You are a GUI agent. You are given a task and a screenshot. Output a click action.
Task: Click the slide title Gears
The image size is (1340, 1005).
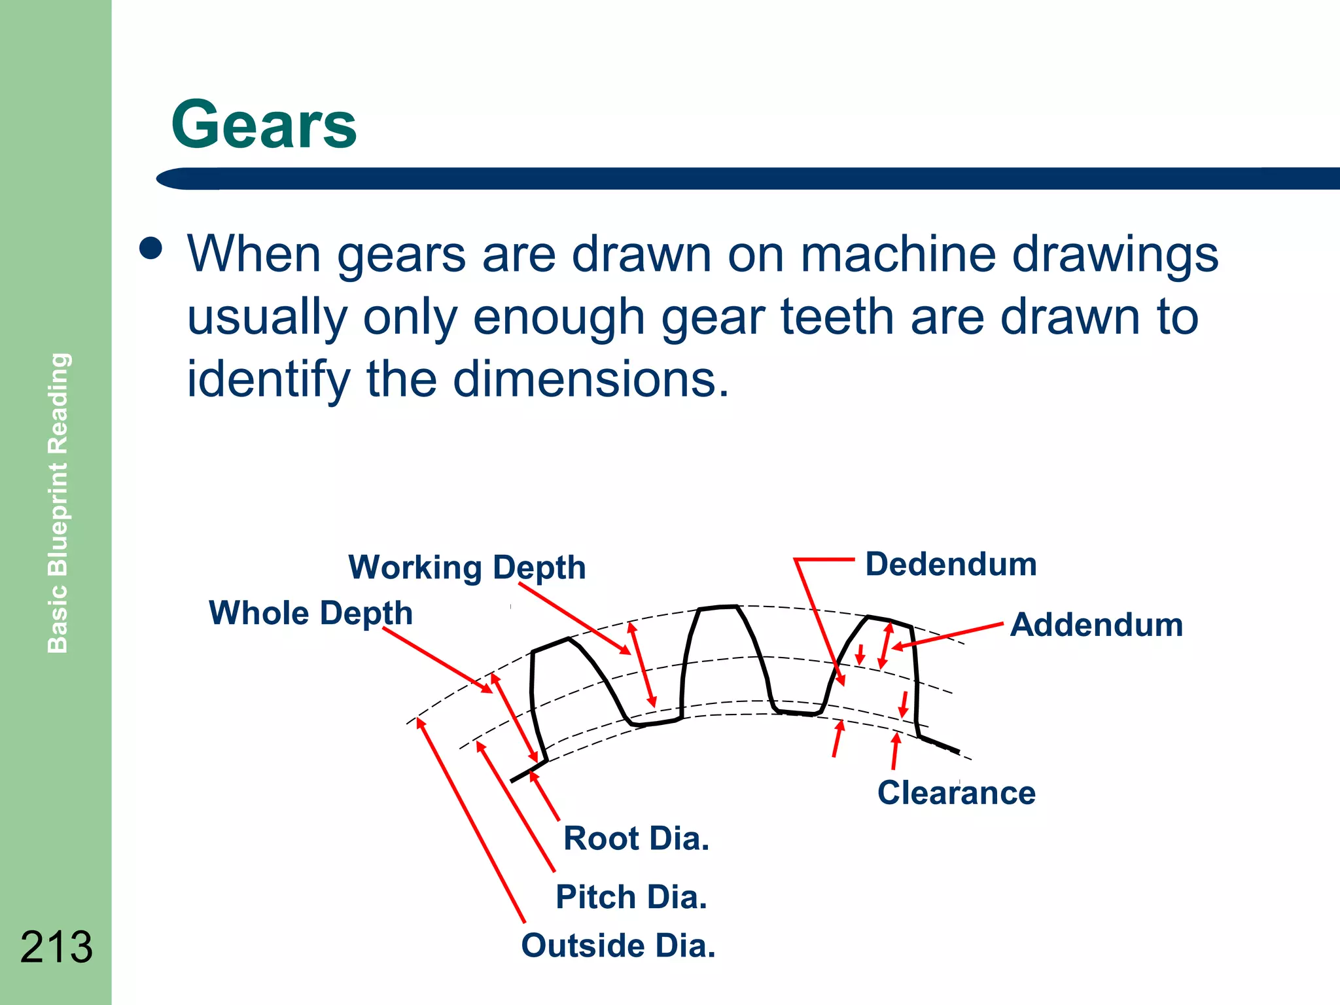click(264, 124)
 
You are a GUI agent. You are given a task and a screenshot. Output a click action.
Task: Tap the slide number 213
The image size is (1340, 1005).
click(56, 947)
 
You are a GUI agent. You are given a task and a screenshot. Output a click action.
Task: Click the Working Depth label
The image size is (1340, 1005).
click(467, 567)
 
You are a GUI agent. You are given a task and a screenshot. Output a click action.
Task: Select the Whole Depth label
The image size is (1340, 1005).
click(311, 613)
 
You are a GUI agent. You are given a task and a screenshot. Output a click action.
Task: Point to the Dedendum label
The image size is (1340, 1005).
click(951, 564)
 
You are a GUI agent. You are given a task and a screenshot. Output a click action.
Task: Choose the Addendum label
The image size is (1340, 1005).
click(1097, 625)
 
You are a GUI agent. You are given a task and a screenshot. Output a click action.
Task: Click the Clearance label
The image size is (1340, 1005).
click(957, 793)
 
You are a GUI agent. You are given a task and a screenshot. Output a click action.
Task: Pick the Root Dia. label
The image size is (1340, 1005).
click(636, 839)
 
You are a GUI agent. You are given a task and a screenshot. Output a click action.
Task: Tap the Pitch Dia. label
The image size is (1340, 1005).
click(631, 897)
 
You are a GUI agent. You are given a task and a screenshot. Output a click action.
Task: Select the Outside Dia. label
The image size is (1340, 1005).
click(618, 946)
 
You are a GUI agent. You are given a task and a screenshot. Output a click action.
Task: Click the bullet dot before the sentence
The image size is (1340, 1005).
click(151, 249)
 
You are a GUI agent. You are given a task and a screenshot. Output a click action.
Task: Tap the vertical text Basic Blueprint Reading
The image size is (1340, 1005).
click(58, 502)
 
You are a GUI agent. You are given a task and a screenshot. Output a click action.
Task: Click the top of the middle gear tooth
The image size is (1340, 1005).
click(718, 608)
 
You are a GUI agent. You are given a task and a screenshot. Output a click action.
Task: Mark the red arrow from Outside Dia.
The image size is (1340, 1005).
click(471, 821)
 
